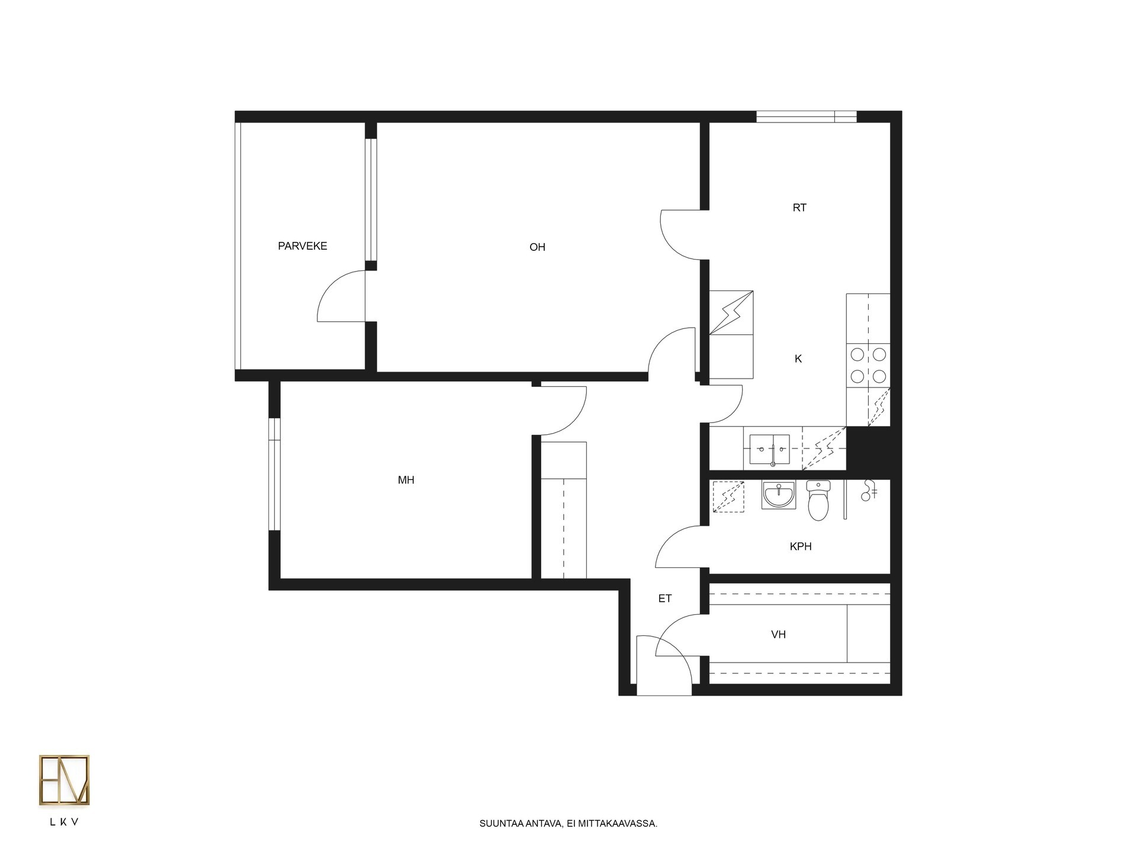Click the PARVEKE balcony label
[x=302, y=246]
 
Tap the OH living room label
[x=537, y=247]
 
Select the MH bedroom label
[x=406, y=480]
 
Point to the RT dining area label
[x=799, y=208]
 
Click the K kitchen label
[x=798, y=359]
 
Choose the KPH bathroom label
[x=801, y=547]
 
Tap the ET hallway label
[x=665, y=599]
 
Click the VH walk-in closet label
[x=778, y=635]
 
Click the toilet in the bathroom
[x=818, y=501]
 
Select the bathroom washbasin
[x=778, y=495]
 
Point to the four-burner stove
[x=868, y=365]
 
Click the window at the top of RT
[x=807, y=117]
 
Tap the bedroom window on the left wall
[x=274, y=475]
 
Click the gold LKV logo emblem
[x=64, y=780]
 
